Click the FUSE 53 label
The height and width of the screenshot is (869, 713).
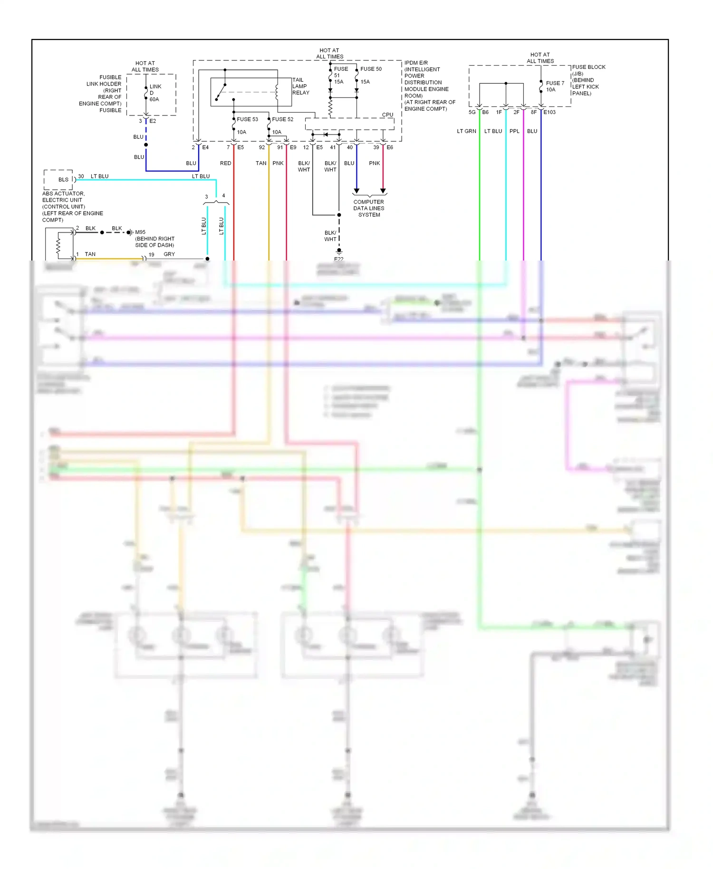coord(247,119)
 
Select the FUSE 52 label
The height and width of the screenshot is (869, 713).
coord(282,119)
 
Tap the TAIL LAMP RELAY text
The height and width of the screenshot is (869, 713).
coord(300,87)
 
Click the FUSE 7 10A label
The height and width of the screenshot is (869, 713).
coord(554,87)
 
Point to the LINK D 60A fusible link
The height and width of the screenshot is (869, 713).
coord(154,93)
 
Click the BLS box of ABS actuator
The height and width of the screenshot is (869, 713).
coord(63,180)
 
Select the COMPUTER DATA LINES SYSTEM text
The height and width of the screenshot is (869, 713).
coord(369,208)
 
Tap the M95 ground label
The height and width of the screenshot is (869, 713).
coord(140,232)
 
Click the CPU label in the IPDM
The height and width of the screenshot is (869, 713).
coord(387,115)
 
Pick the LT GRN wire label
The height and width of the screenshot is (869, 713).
coord(466,131)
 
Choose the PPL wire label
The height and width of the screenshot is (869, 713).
coord(514,131)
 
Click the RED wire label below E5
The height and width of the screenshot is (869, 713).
coord(225,163)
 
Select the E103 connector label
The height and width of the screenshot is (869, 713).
coord(549,112)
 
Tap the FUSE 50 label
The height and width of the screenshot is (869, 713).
coord(371,69)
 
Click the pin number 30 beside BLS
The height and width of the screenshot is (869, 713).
coord(81,176)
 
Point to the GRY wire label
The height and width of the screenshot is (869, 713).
coord(169,254)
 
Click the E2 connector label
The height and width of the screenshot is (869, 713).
coord(153,121)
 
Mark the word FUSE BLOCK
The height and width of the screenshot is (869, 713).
coord(588,67)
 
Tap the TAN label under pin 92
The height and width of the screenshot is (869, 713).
coord(261,163)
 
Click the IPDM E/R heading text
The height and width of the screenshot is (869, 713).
coord(416,63)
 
